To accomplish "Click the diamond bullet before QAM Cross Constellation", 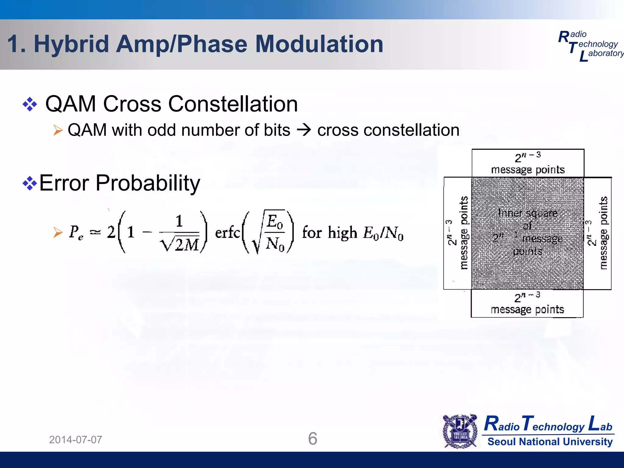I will pos(30,105).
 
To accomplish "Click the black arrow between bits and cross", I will pos(304,130).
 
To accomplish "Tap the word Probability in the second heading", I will pos(148,183).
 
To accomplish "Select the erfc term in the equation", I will pos(227,233).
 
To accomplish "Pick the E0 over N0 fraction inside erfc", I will pos(275,232).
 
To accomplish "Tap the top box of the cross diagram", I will pos(528,163).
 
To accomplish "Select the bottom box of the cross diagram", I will pos(527,303).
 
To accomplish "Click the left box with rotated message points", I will pos(458,233).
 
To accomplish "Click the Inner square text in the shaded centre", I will pos(528,213).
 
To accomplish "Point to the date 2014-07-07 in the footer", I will pos(76,440).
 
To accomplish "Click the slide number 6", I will pos(313,439).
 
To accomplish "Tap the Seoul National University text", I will pos(550,442).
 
